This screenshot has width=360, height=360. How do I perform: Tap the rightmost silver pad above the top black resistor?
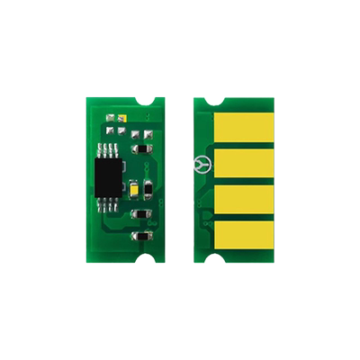coord(146,134)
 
